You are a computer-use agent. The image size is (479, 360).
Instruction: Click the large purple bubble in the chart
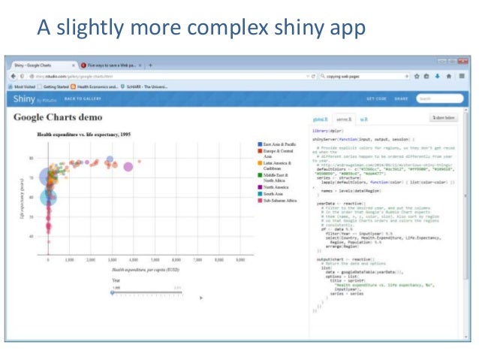pyautogui.click(x=128, y=166)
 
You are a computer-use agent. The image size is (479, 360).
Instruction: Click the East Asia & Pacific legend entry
pyautogui.click(x=280, y=142)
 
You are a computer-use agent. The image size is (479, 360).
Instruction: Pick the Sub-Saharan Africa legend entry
pyautogui.click(x=279, y=201)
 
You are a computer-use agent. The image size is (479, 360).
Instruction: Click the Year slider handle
pyautogui.click(x=113, y=292)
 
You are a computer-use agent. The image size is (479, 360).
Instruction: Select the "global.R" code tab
pyautogui.click(x=319, y=118)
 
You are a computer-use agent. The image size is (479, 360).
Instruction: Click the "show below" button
pyautogui.click(x=443, y=118)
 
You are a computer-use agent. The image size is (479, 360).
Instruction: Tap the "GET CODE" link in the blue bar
pyautogui.click(x=375, y=98)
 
